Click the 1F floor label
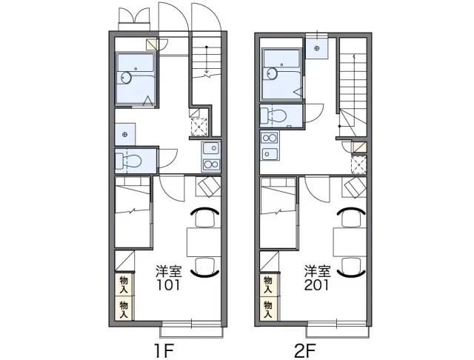pos(164,351)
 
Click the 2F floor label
pos(305,351)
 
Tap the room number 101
pos(168,284)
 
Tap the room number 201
pos(316,284)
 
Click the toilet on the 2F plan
pos(274,116)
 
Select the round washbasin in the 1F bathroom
pos(126,78)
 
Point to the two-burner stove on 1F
pos(211,164)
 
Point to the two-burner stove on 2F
pos(270,138)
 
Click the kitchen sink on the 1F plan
pos(211,149)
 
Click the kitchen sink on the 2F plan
pos(270,153)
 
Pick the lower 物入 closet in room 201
pos(268,309)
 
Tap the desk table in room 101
pos(204,242)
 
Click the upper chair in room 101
pos(205,217)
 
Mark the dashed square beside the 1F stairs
pos(199,127)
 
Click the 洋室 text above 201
pos(317,271)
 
